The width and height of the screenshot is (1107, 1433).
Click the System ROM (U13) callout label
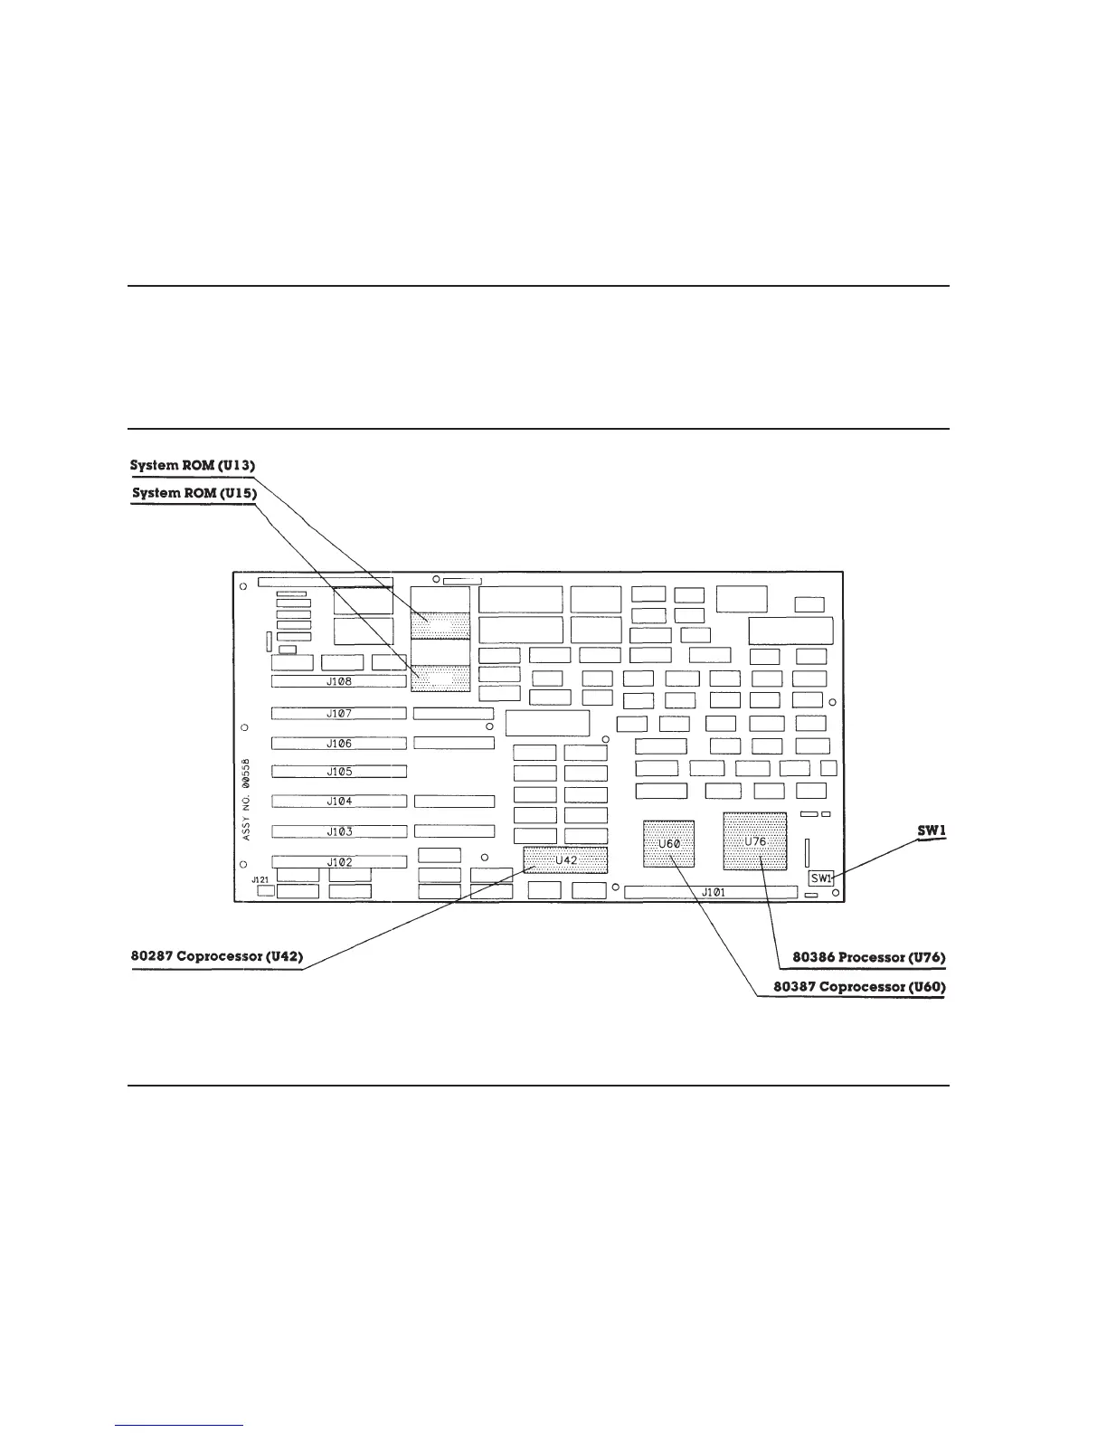(x=194, y=465)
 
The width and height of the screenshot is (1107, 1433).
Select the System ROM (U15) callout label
(x=194, y=493)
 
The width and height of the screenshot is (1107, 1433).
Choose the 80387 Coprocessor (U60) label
(x=859, y=986)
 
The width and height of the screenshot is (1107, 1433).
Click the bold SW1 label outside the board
(x=932, y=830)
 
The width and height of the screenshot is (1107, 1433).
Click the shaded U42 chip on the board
(x=565, y=860)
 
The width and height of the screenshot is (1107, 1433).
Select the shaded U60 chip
(x=668, y=844)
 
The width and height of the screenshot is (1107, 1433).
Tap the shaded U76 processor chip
(x=755, y=841)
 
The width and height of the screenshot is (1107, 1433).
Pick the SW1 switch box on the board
(x=820, y=878)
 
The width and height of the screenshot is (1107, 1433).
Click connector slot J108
(x=339, y=681)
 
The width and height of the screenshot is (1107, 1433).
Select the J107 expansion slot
(x=339, y=714)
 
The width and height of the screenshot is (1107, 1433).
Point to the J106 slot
(x=339, y=744)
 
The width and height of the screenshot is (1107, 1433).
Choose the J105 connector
(x=339, y=772)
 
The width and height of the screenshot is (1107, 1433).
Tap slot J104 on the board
(x=339, y=802)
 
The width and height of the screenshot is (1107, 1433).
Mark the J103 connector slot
(x=339, y=831)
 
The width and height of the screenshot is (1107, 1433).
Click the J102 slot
(x=339, y=862)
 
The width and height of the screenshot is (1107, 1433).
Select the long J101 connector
(x=712, y=893)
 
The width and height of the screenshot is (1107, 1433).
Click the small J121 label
(x=260, y=879)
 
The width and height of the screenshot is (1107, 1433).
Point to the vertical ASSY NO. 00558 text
(x=247, y=801)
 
